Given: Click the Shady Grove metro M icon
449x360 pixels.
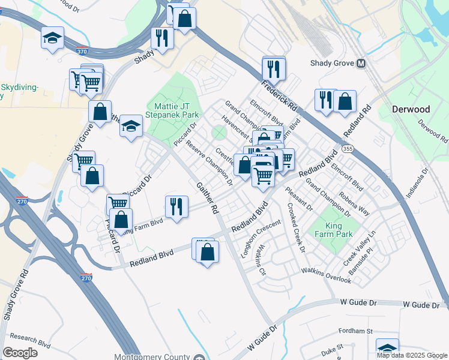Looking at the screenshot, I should click(361, 63).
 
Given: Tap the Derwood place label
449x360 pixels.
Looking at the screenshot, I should click(411, 110).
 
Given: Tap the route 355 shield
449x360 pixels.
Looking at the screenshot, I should click(348, 148).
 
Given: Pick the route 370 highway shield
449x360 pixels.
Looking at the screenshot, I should click(82, 52).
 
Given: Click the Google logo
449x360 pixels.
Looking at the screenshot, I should click(20, 352).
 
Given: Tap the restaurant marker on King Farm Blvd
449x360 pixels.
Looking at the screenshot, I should click(176, 206).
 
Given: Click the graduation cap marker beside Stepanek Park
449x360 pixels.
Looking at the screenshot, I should click(131, 126).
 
